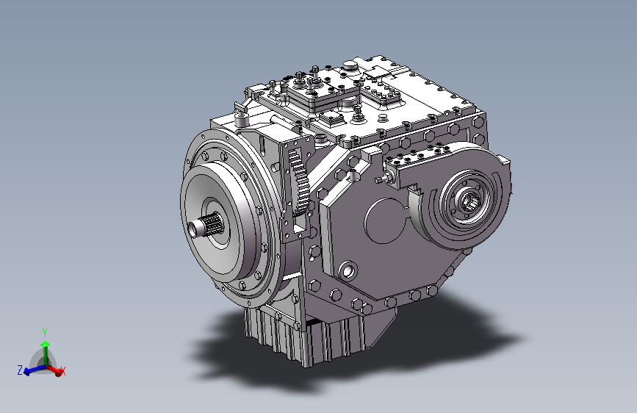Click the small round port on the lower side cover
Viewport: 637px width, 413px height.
tap(348, 270)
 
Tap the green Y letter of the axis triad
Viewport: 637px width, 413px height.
tap(45, 333)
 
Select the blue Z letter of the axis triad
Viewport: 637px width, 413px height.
tap(20, 370)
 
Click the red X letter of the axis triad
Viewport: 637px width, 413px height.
tap(63, 371)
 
